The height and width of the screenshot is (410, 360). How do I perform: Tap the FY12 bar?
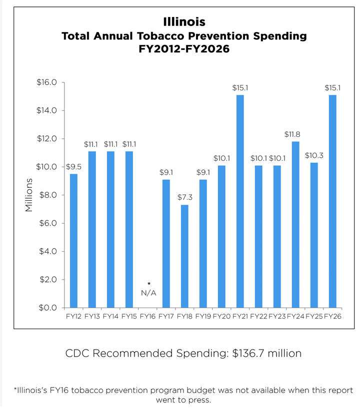click(x=73, y=240)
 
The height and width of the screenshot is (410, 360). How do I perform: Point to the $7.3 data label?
click(x=184, y=197)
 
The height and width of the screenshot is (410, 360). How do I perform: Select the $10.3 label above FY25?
click(x=314, y=155)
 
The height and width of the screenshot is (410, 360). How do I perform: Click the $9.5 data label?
click(x=73, y=166)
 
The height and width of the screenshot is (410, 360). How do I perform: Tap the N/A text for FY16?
click(x=148, y=293)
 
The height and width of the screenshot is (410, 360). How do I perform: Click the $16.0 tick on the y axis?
click(x=47, y=82)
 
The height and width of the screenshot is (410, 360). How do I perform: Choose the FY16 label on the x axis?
click(x=147, y=317)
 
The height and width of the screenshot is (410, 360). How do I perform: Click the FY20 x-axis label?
click(x=221, y=317)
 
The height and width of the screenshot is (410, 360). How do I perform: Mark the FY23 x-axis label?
click(x=277, y=317)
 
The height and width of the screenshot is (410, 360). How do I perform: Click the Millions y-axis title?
click(x=29, y=195)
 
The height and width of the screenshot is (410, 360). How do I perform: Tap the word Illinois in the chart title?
click(x=184, y=22)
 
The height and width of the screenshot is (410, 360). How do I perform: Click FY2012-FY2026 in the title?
click(x=184, y=50)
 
